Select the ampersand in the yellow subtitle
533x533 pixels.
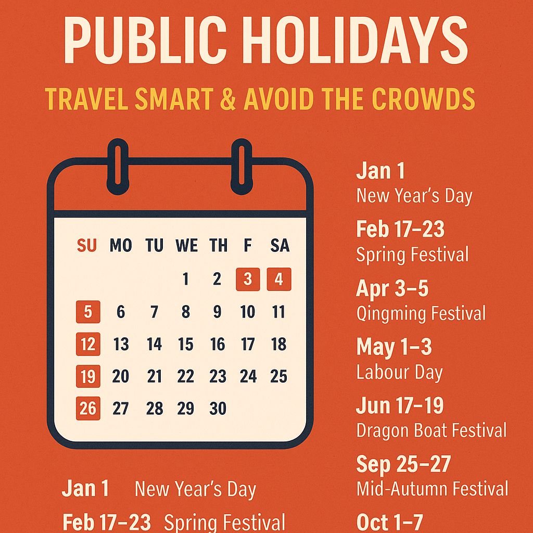pyautogui.click(x=227, y=99)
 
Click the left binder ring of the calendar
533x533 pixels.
pyautogui.click(x=118, y=167)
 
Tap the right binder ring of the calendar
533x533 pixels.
pyautogui.click(x=242, y=167)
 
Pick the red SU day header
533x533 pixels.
pyautogui.click(x=87, y=246)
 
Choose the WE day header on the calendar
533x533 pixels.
pyautogui.click(x=186, y=246)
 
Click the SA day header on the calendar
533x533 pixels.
pyautogui.click(x=280, y=246)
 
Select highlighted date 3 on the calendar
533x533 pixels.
pyautogui.click(x=248, y=280)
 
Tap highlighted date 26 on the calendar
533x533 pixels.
pyautogui.click(x=88, y=408)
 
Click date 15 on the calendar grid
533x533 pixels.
pyautogui.click(x=185, y=344)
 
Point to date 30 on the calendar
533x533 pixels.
pyautogui.click(x=218, y=409)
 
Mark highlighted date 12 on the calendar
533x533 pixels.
pyautogui.click(x=88, y=344)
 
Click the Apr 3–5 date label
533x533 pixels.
pyautogui.click(x=392, y=289)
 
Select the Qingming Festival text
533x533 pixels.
pyautogui.click(x=421, y=314)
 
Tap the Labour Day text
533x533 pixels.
pyautogui.click(x=399, y=373)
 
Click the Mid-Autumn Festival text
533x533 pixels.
pyautogui.click(x=432, y=489)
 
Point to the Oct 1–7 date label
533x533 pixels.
pyautogui.click(x=390, y=522)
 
